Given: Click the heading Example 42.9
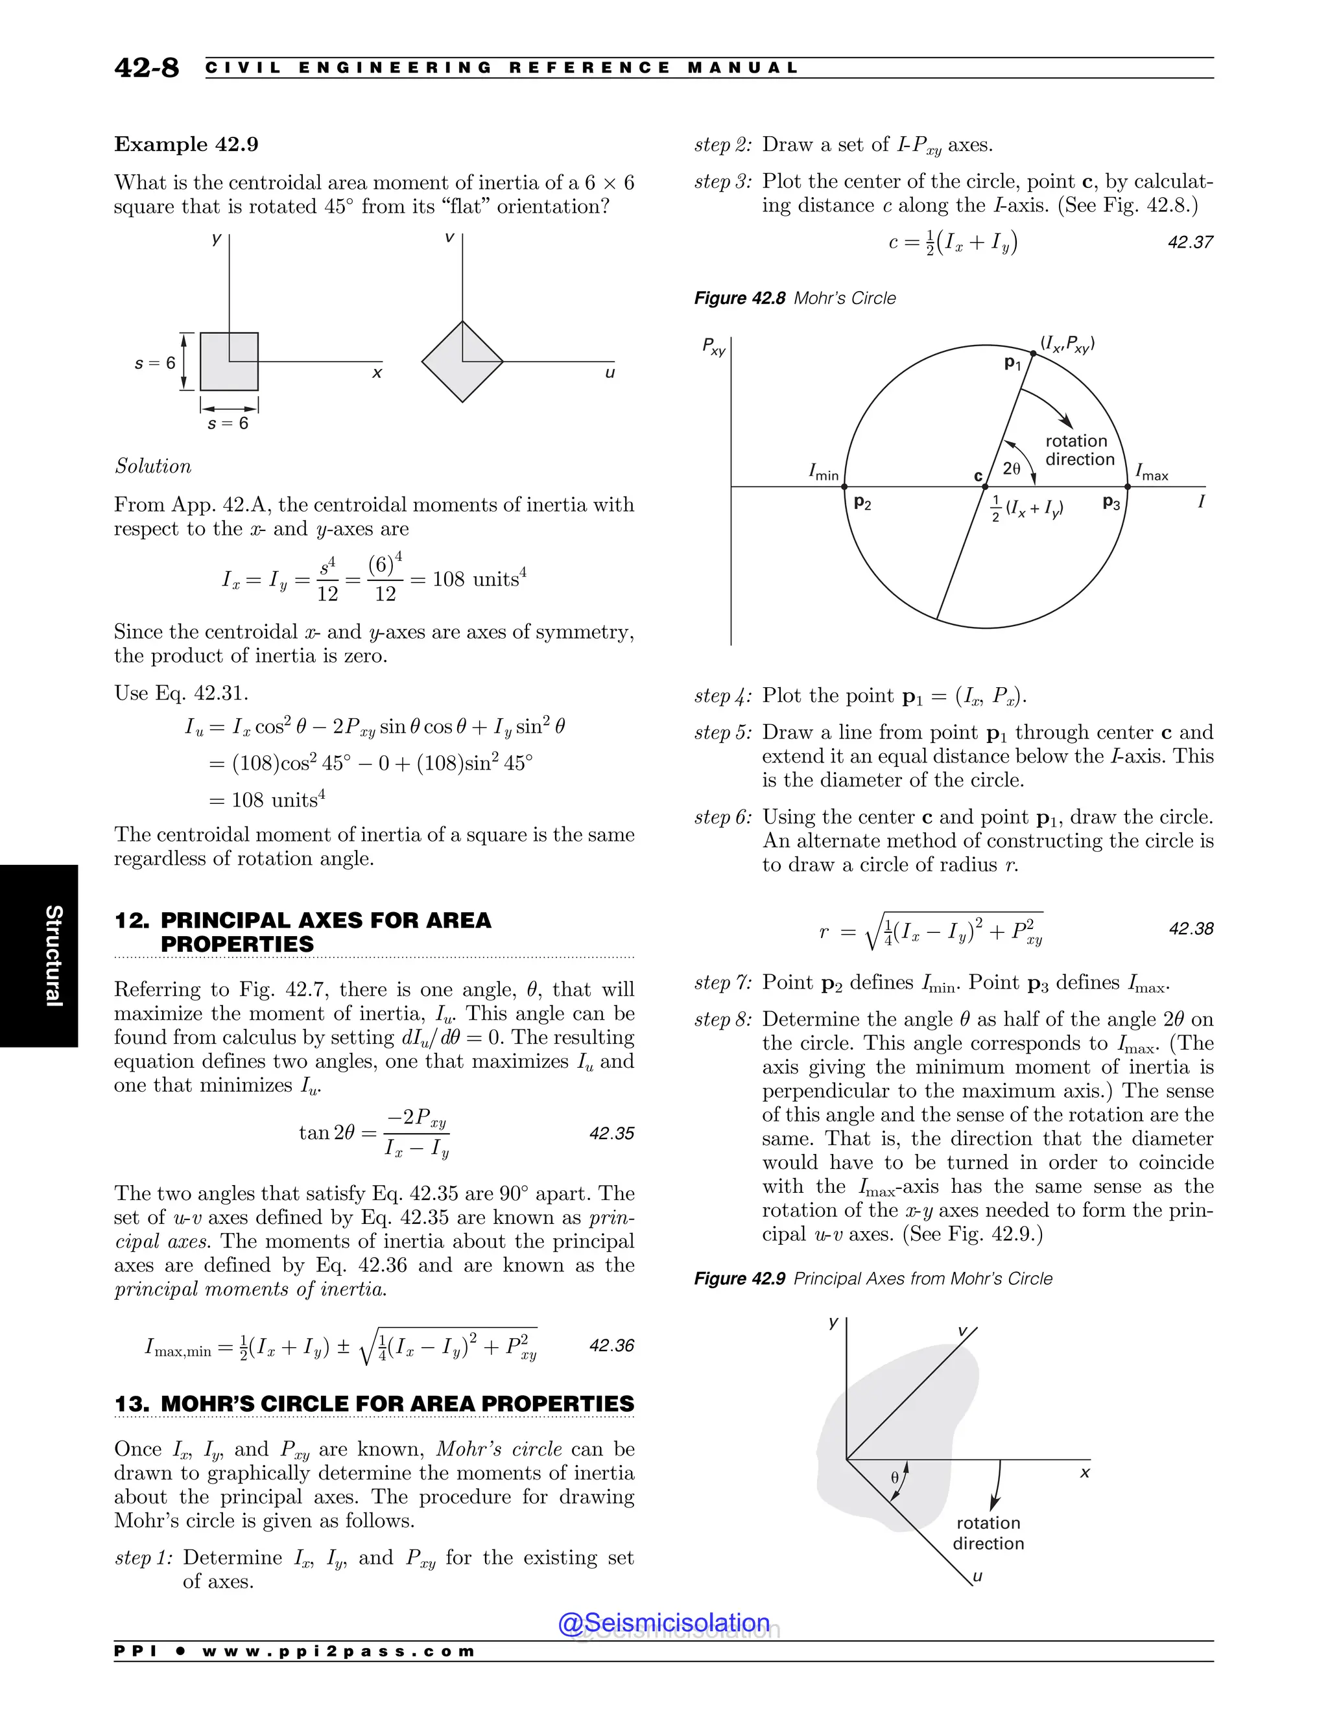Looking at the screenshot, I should tap(187, 145).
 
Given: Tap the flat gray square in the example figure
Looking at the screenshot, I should tap(229, 362).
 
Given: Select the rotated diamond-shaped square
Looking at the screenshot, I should tap(462, 362).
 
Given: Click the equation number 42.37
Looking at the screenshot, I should tap(1189, 242).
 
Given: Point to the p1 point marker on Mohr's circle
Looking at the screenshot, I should tap(1033, 353).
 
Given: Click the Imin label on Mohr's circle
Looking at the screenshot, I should tap(824, 472).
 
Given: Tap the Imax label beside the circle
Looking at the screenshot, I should tap(1151, 473).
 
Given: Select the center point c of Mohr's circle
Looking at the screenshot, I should tap(985, 487).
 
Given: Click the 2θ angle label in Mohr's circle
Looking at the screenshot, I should tap(1012, 468).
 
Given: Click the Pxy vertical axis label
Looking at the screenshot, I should tap(713, 347).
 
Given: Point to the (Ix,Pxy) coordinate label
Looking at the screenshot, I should tap(1067, 344).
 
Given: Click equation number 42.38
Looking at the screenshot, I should tap(1191, 929).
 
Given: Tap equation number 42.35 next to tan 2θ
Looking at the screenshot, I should tap(611, 1133).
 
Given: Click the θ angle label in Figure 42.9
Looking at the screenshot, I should tap(894, 1478).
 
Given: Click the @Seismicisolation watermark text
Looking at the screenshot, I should tap(663, 1623).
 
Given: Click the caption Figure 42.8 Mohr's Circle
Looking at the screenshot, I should tap(794, 298).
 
